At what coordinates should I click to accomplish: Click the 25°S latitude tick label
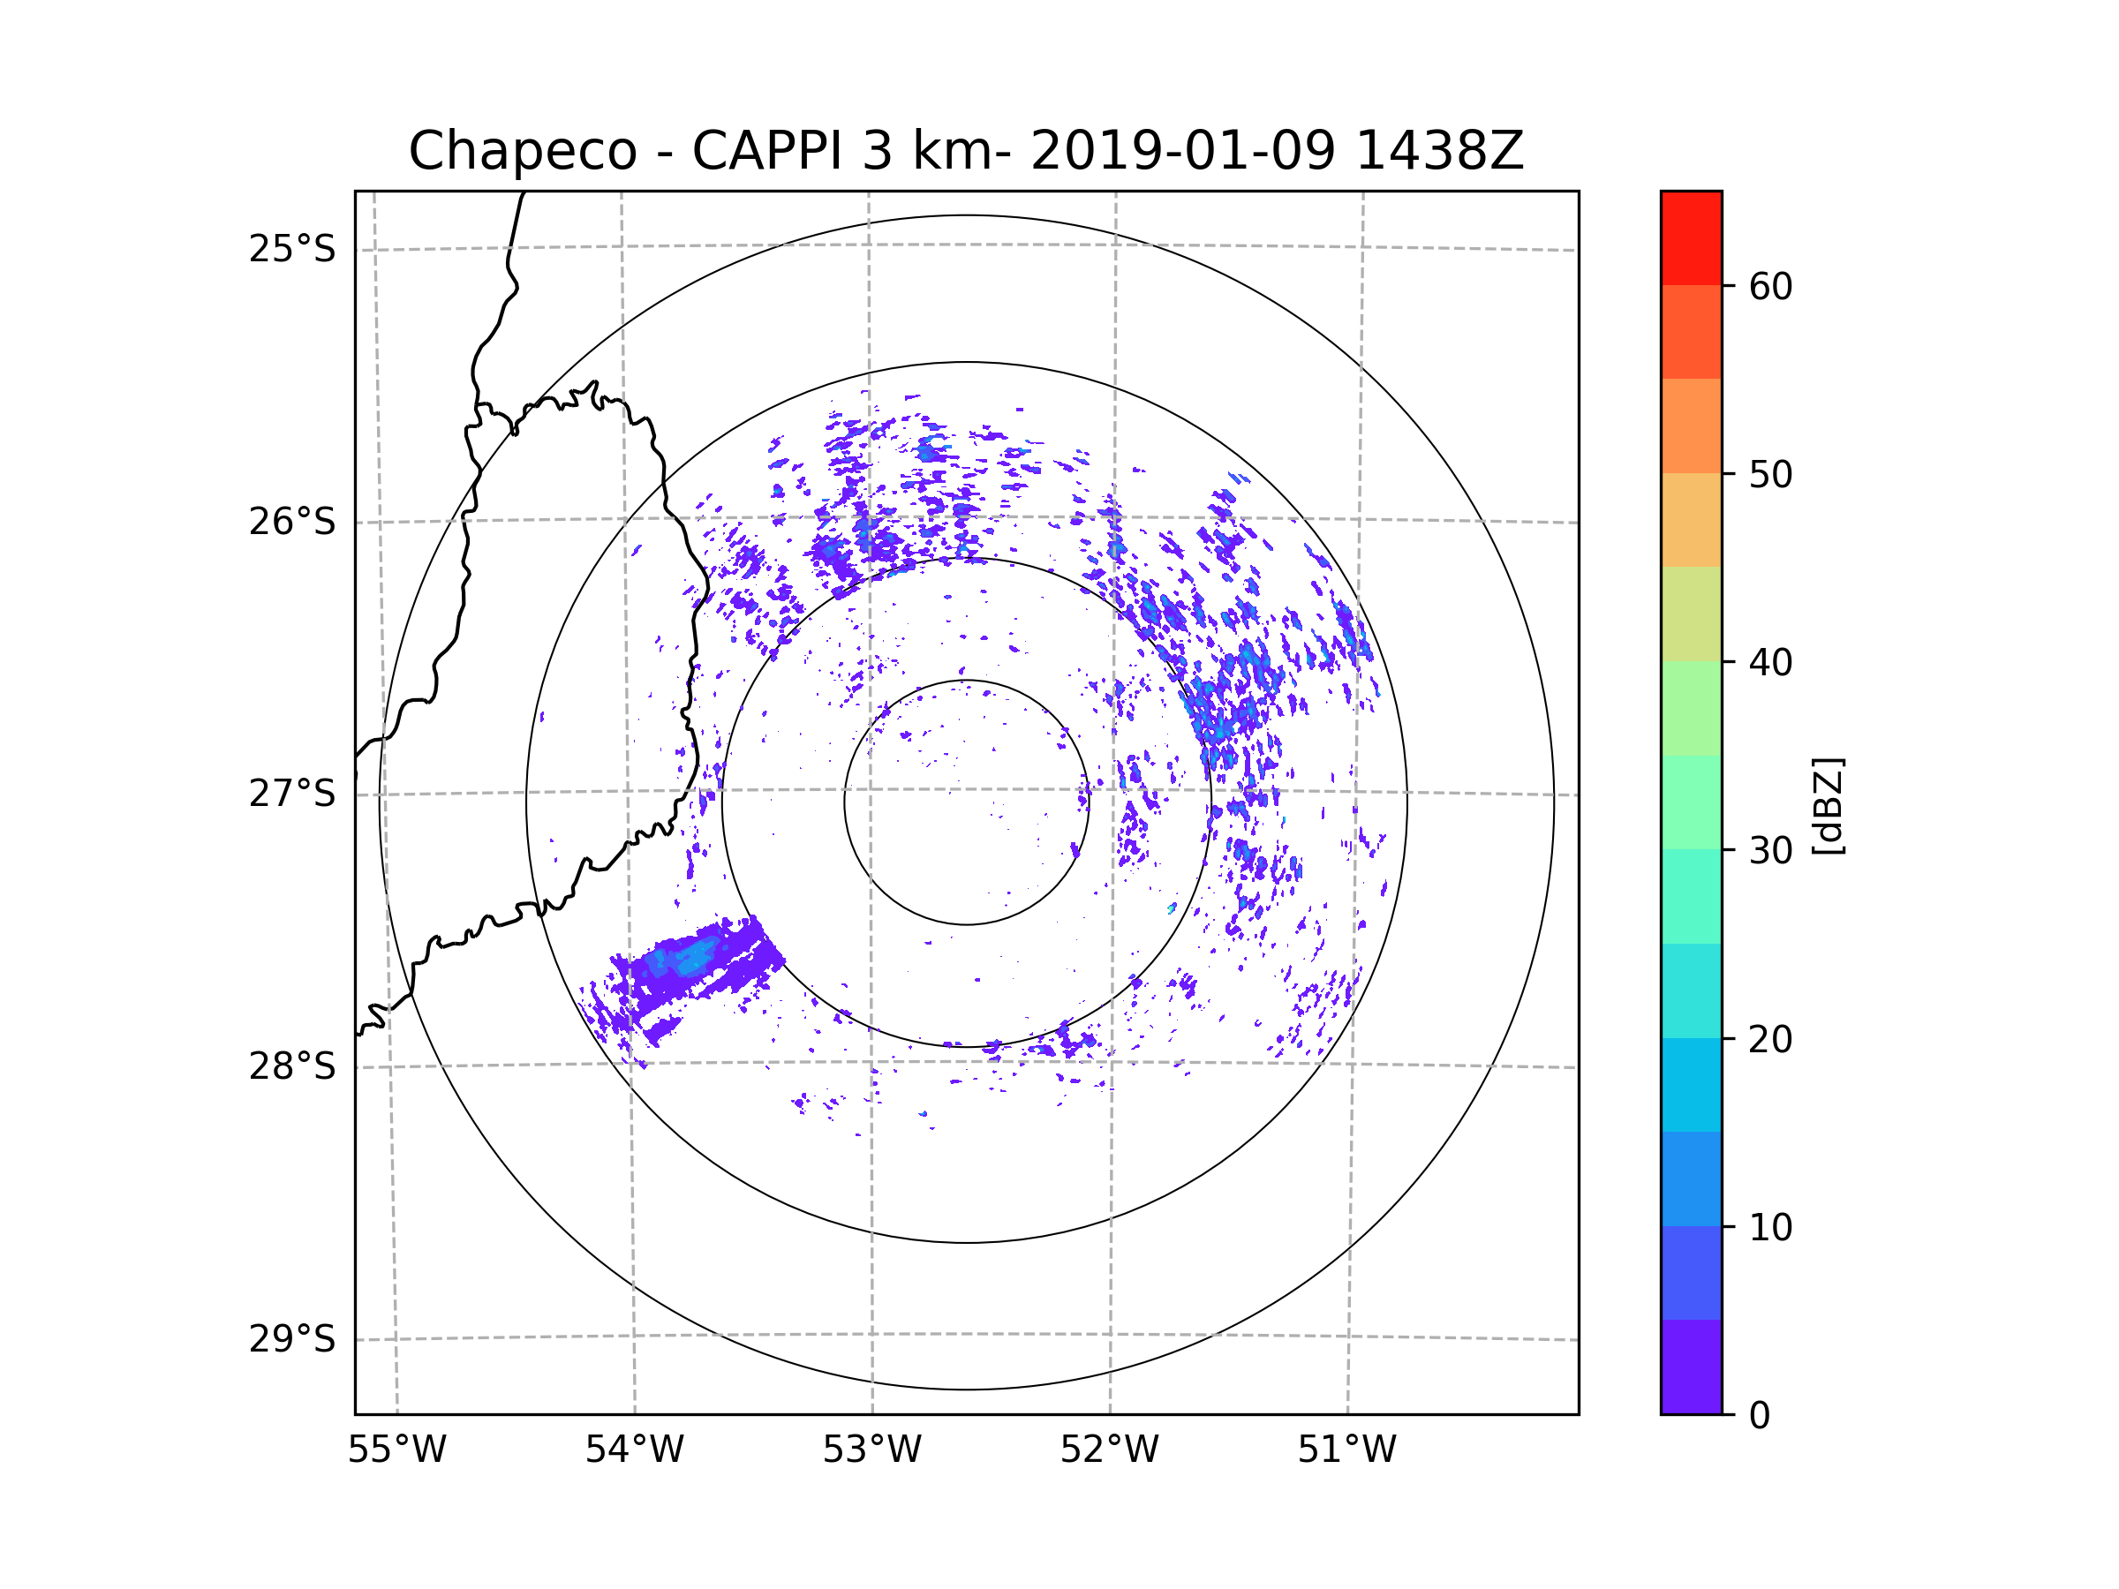pos(292,249)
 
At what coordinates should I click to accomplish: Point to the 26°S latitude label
pos(292,522)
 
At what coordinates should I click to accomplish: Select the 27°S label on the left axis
pos(292,794)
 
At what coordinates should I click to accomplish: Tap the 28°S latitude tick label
pos(292,1066)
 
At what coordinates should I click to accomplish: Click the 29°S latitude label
pos(292,1339)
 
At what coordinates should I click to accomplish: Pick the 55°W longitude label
pos(396,1450)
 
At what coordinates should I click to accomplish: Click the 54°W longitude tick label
pos(634,1450)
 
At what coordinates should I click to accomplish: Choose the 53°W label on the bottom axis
pos(871,1450)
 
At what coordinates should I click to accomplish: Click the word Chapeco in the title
pos(522,151)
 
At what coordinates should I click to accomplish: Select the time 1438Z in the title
pos(1439,151)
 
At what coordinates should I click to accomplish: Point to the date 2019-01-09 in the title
pos(1182,151)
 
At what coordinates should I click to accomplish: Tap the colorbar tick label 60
pos(1770,286)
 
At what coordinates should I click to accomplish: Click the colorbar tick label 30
pos(1770,850)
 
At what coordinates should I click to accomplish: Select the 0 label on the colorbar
pos(1760,1416)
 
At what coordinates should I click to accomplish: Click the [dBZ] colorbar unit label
pos(1828,807)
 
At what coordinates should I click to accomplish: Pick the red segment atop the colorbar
pos(1691,237)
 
